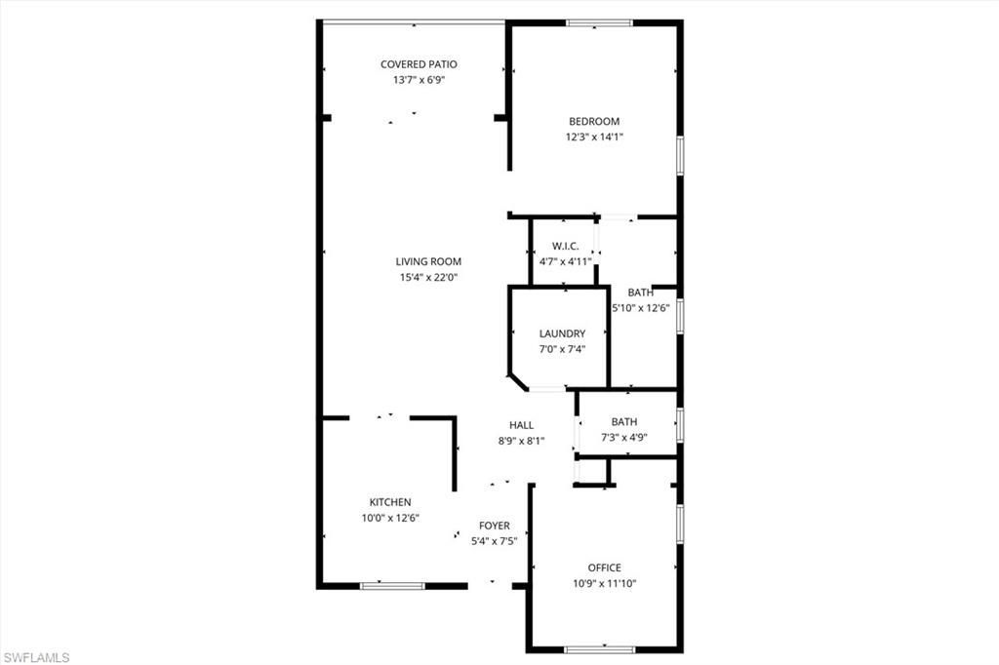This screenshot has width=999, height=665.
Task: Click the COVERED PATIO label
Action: click(x=419, y=64)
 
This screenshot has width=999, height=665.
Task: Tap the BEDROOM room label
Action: click(x=594, y=122)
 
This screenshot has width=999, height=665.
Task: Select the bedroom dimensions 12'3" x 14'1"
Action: click(x=594, y=137)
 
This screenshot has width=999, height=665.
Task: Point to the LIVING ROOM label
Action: click(x=428, y=261)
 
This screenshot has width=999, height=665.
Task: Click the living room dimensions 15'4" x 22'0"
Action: click(x=428, y=277)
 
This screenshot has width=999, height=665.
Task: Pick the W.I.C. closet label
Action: click(x=566, y=246)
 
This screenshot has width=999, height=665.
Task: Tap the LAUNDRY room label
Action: click(x=562, y=333)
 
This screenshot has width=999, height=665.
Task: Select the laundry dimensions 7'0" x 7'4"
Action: click(x=562, y=349)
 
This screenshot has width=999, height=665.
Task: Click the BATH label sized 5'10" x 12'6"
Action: click(x=640, y=293)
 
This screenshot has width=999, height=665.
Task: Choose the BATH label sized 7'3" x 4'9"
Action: click(x=624, y=422)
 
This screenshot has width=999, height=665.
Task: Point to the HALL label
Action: click(x=521, y=425)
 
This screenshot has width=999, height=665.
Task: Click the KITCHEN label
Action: click(x=390, y=502)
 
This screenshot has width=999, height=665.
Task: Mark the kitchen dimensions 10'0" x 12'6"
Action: click(x=390, y=518)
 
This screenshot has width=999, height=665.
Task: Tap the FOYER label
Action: click(x=494, y=526)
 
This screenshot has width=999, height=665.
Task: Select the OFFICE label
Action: click(x=604, y=567)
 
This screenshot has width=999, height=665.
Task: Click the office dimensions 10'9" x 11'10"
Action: click(x=604, y=583)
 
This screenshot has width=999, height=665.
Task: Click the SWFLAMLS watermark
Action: click(x=36, y=657)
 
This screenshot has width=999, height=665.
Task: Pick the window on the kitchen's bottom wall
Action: click(x=392, y=586)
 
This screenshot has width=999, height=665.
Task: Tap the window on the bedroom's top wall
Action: click(x=599, y=23)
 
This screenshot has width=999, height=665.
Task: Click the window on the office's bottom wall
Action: click(x=599, y=648)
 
